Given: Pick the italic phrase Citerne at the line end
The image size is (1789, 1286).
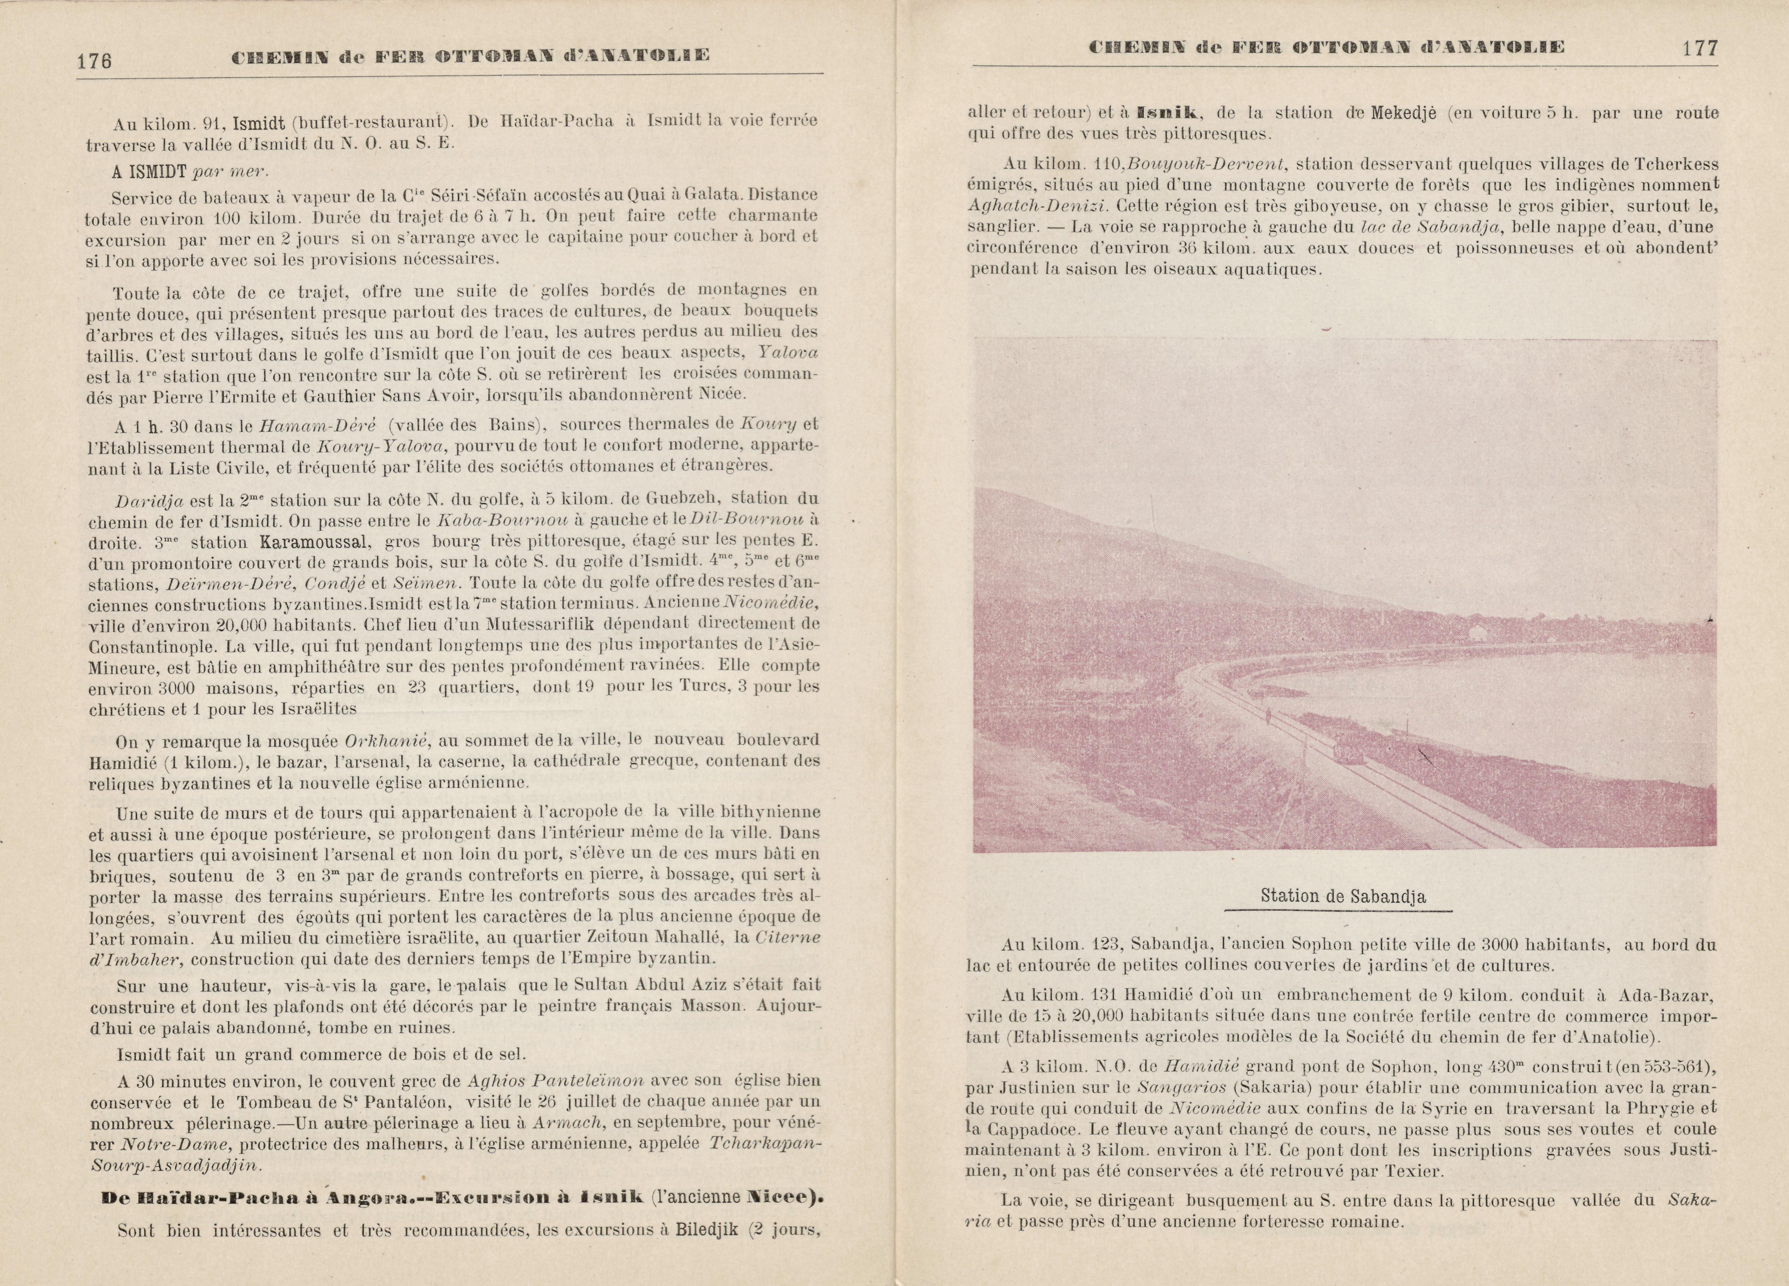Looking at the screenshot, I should point(788,937).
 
